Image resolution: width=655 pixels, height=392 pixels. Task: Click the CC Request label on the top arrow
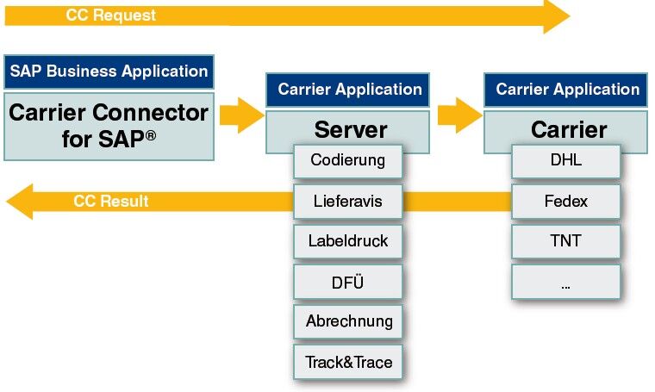111,16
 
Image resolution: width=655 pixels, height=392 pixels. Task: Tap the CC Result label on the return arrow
111,201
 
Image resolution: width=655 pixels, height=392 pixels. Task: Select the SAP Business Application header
109,72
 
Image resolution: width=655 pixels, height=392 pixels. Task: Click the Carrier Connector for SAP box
109,125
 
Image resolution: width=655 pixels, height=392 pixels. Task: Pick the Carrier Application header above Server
349,90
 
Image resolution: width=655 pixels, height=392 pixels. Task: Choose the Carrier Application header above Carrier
568,90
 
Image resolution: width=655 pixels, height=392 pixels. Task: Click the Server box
350,129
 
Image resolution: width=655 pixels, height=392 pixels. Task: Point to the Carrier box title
569,129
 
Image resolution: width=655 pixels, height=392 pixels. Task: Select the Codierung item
348,160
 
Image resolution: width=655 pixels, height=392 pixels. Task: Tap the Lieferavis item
348,201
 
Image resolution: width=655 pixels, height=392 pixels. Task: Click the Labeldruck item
348,240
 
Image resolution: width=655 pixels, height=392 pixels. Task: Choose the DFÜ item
348,281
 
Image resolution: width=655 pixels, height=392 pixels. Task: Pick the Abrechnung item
348,321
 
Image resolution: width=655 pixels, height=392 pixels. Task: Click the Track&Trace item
348,362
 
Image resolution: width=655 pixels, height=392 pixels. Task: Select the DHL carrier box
566,160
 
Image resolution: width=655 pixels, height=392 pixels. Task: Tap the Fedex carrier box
566,201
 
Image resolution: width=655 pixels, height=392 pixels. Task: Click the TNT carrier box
566,240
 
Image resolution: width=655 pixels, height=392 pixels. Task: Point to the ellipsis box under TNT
566,282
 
